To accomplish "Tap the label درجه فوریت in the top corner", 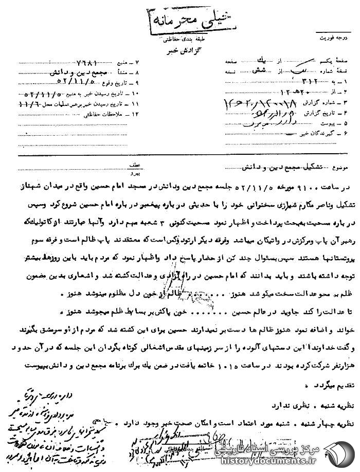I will (x=335, y=38).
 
